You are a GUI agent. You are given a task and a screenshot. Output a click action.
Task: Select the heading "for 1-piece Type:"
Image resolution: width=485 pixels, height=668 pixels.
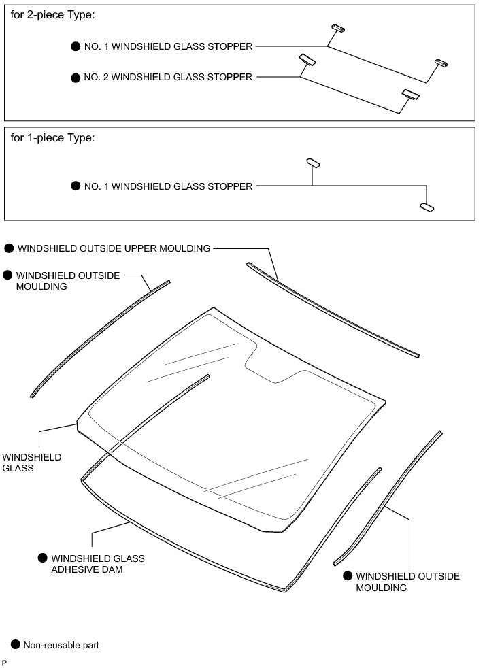(53, 138)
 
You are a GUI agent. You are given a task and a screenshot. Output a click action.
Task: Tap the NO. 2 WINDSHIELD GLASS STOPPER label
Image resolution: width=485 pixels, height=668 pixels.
(168, 77)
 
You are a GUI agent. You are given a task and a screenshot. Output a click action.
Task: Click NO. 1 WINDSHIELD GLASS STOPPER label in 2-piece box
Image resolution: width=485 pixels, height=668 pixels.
(168, 46)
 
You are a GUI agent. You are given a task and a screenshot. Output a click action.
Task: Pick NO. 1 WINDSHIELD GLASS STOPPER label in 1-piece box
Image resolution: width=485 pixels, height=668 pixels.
(168, 186)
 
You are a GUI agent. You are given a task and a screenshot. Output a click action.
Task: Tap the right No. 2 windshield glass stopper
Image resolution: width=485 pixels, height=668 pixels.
(410, 95)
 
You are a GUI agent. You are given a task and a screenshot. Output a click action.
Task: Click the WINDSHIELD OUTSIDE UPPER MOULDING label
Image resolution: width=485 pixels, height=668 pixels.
(114, 248)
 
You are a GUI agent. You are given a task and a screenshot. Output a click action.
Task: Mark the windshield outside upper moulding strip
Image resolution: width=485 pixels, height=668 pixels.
(333, 310)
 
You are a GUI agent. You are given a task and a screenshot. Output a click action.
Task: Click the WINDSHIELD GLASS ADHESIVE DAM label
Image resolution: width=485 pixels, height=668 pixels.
(98, 564)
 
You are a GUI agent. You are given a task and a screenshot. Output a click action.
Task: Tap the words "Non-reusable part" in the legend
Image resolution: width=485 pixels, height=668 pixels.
(61, 644)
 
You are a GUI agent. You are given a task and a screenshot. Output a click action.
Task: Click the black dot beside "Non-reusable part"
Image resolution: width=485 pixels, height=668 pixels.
(15, 644)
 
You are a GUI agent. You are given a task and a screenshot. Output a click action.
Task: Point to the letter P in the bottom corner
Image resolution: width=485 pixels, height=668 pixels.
(5, 662)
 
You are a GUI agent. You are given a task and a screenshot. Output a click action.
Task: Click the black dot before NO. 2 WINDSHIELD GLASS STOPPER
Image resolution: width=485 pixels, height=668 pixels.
(76, 78)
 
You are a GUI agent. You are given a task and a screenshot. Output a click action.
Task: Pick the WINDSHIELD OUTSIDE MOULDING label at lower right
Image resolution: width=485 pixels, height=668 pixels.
(407, 582)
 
